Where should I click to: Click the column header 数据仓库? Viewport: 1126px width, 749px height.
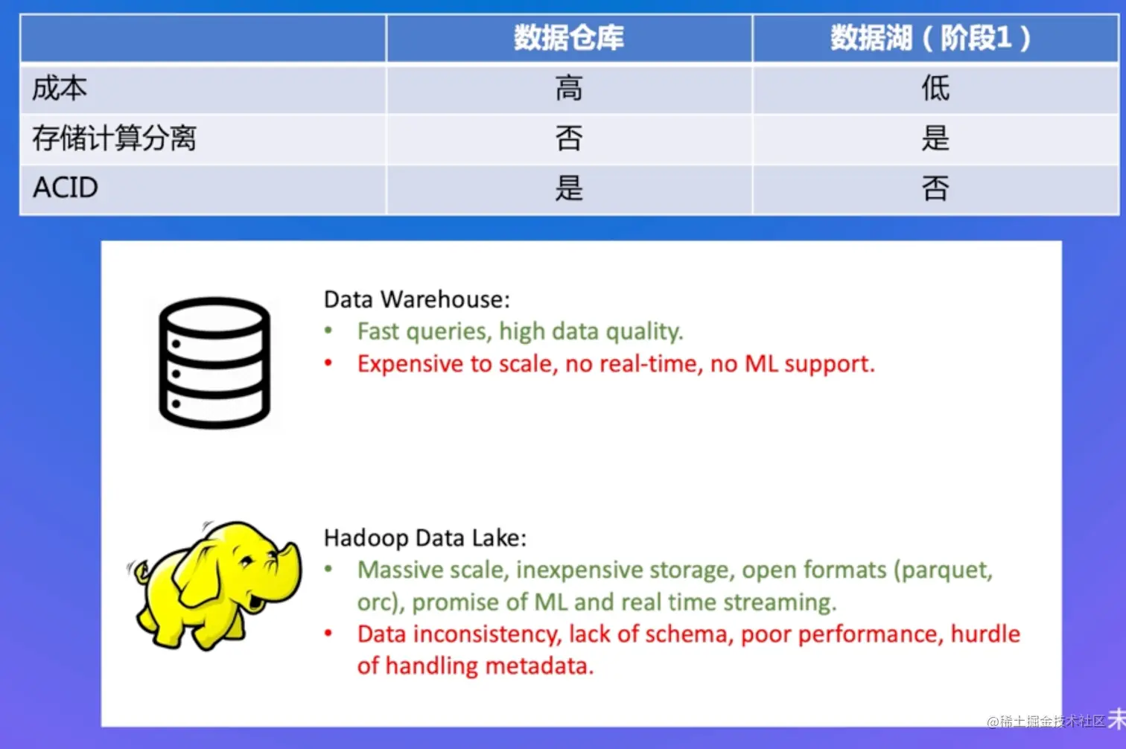[569, 38]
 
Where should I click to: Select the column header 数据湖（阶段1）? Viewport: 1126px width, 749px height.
[931, 38]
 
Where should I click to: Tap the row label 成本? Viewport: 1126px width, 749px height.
[60, 89]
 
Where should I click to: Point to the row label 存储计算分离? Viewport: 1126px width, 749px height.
[114, 138]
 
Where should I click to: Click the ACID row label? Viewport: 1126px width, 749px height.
[66, 188]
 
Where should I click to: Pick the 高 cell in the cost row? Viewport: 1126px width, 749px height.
[569, 89]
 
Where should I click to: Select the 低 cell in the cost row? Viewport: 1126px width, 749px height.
[935, 89]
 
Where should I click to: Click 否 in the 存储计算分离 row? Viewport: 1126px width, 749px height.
[569, 138]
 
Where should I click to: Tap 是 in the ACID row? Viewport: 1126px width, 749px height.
[569, 188]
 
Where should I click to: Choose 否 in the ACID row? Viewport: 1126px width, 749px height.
[935, 188]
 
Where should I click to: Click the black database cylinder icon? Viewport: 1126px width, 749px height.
[214, 363]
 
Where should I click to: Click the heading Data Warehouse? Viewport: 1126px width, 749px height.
[417, 299]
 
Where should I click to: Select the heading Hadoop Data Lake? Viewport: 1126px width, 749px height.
[425, 538]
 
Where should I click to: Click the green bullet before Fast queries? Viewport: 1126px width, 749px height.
[328, 331]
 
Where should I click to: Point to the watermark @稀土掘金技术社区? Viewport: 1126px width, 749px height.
[1046, 721]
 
